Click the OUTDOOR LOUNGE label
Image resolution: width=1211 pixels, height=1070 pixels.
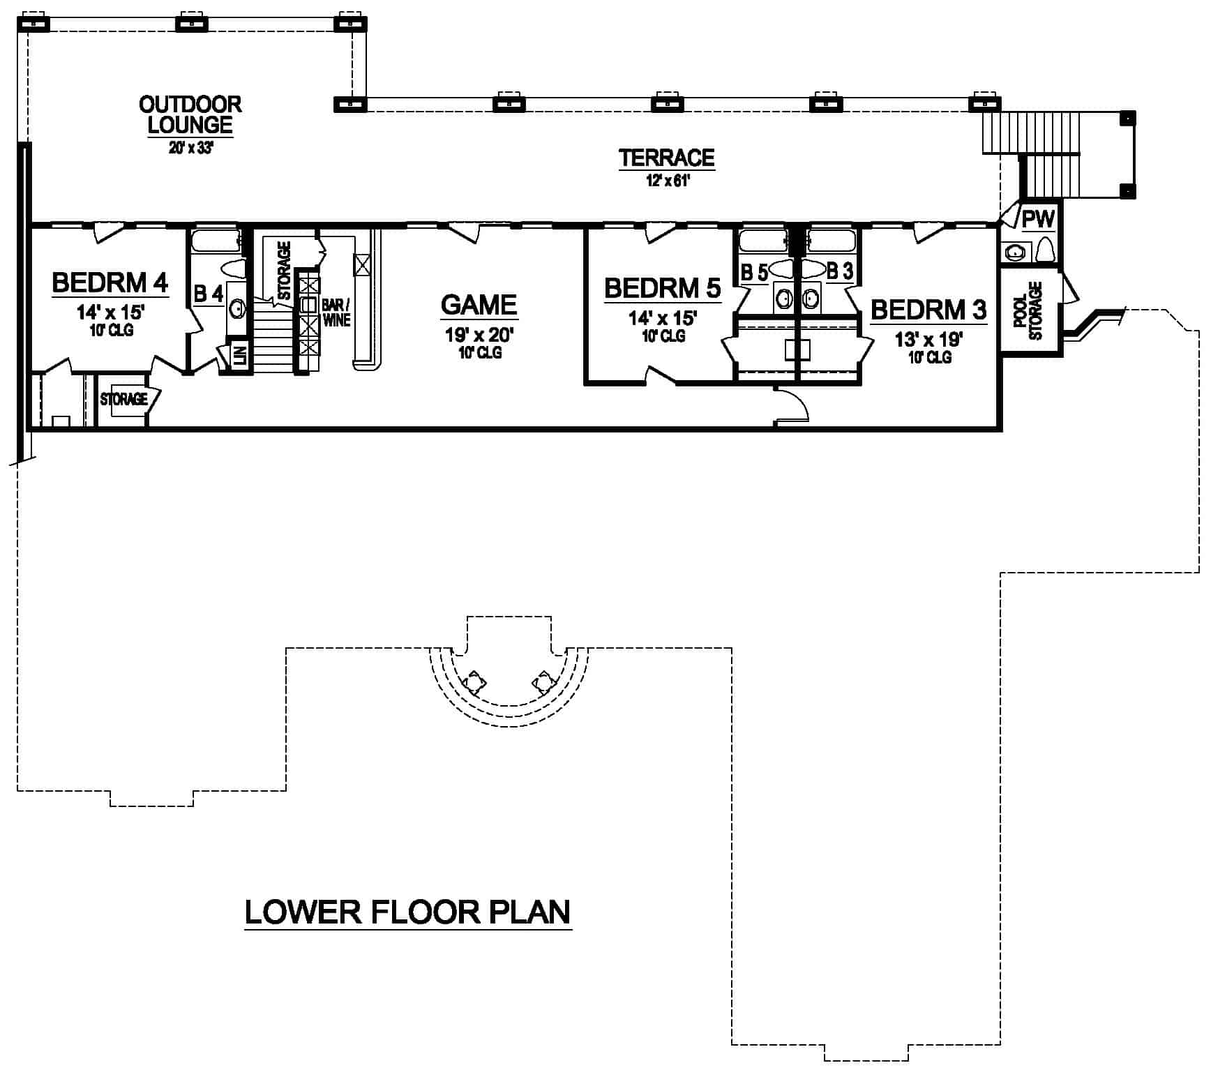(190, 115)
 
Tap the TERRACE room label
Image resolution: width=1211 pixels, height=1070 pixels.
(666, 158)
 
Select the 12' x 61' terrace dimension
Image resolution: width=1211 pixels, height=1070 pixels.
(667, 181)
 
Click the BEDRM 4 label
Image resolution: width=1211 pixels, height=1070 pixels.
(110, 283)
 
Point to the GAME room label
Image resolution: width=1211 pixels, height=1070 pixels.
(479, 305)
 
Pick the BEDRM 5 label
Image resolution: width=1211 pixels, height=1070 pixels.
(662, 288)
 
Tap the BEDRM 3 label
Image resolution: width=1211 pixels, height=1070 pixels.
(928, 309)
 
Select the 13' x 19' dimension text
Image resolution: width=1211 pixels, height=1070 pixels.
(928, 340)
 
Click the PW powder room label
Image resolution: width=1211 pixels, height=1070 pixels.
(1038, 220)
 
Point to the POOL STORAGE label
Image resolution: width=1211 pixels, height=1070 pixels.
(1028, 311)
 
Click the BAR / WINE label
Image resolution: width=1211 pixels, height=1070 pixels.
(336, 312)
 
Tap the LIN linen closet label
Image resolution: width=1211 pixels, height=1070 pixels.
(240, 356)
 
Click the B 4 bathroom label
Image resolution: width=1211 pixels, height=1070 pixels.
(208, 294)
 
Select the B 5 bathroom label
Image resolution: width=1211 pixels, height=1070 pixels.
(753, 273)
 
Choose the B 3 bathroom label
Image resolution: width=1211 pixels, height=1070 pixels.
(839, 271)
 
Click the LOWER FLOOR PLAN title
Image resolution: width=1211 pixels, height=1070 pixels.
(407, 912)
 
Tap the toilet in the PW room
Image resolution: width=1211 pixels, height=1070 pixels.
(1044, 250)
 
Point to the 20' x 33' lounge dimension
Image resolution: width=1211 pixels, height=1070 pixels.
(190, 149)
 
